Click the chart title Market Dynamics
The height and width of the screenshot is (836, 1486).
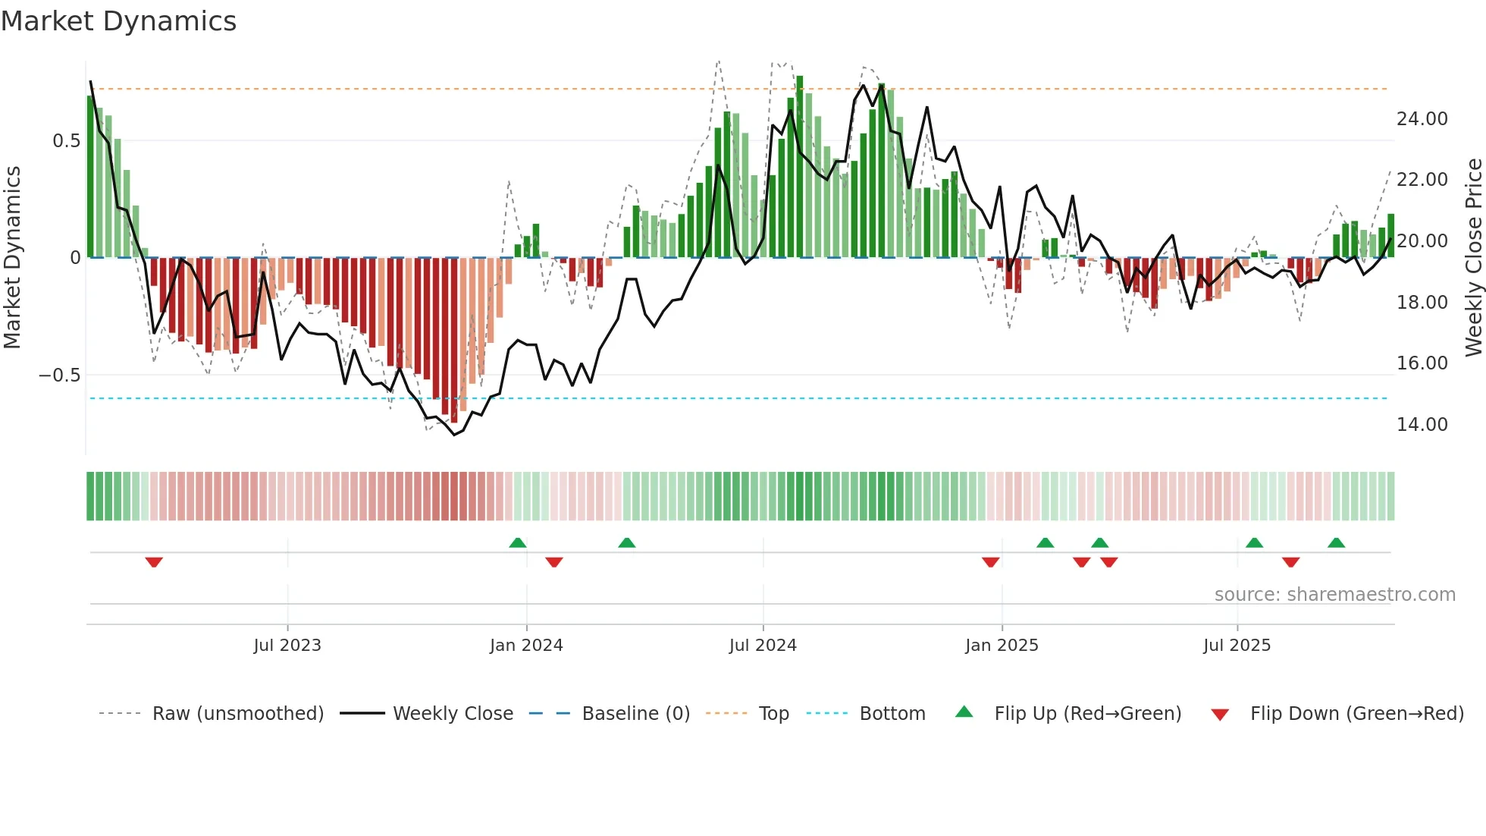tap(118, 21)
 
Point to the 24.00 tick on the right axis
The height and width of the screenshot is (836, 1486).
tap(1422, 119)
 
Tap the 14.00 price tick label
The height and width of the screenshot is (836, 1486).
tap(1422, 425)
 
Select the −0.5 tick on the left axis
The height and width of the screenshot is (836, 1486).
tap(59, 376)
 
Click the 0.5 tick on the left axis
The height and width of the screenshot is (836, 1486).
tap(66, 141)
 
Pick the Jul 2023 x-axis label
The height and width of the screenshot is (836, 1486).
tap(287, 646)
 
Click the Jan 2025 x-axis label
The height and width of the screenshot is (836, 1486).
tap(1002, 646)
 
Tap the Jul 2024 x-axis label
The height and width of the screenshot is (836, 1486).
tap(763, 646)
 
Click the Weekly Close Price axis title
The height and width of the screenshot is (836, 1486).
tap(1473, 257)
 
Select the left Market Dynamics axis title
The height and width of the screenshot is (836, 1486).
tap(12, 257)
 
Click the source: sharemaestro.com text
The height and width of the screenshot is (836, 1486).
tap(1334, 595)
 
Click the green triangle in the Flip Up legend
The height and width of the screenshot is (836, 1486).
tap(964, 712)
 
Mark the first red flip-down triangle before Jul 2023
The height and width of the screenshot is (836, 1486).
tap(154, 562)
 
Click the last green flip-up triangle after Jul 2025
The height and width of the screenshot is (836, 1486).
tap(1336, 542)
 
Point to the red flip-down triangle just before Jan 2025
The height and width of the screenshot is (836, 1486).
tap(990, 562)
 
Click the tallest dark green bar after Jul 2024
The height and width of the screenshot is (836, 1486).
tap(800, 167)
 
